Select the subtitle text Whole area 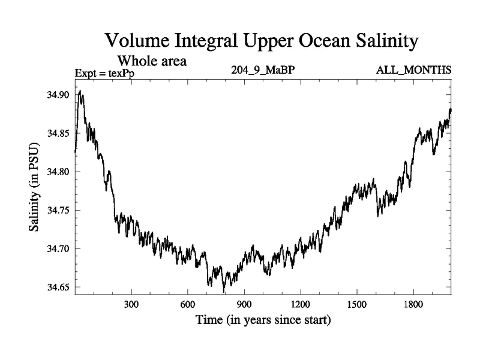[152, 61]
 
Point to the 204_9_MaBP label [263, 70]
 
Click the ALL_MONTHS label [413, 70]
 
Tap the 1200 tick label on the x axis [301, 304]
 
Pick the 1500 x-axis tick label [357, 304]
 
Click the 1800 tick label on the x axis [413, 304]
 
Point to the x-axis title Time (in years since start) [263, 320]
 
